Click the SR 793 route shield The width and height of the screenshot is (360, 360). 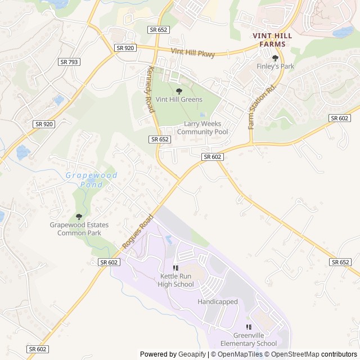click(68, 62)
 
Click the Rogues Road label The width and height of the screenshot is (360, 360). click(138, 232)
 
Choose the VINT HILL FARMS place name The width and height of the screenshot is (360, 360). click(273, 39)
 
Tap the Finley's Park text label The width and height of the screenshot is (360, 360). click(275, 66)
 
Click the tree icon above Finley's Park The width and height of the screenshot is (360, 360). click(275, 58)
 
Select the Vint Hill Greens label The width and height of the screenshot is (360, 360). click(179, 100)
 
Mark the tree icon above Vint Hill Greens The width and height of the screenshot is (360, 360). click(179, 91)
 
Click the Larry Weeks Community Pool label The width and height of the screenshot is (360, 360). click(202, 128)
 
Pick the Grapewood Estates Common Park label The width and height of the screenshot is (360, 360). click(79, 229)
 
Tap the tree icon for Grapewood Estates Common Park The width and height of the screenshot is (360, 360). click(79, 217)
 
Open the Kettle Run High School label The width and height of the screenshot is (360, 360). click(176, 280)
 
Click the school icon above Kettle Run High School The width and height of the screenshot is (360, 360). click(176, 268)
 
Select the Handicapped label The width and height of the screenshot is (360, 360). click(218, 302)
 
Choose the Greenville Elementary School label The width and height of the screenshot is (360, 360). click(249, 339)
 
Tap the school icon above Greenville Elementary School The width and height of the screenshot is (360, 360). click(249, 327)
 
